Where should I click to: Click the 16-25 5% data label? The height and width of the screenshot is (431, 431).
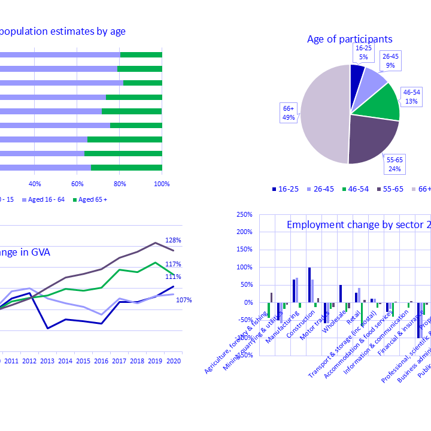pos(363,52)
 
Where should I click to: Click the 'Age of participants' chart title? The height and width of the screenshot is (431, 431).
pos(350,40)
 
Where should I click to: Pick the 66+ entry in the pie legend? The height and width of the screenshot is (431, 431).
pos(420,189)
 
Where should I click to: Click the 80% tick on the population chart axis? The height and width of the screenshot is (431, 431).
pos(120,183)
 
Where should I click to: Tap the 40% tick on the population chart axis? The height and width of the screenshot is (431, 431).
pos(35,183)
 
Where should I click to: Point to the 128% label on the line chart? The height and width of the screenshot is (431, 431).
pos(174,240)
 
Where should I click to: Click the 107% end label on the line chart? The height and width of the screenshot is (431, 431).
pos(184,299)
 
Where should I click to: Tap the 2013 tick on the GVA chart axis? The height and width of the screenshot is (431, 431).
pos(47,362)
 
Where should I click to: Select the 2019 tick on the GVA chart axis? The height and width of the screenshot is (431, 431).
pos(156,362)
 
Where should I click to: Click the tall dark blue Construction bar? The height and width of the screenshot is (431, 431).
pos(309,285)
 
